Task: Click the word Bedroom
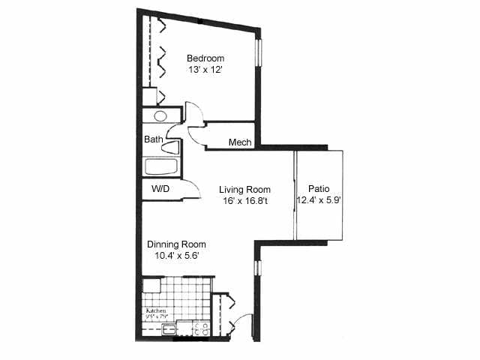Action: pos(205,58)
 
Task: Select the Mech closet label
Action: pos(239,142)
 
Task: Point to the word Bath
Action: pos(153,139)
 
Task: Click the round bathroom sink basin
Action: pos(160,116)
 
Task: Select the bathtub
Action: pos(161,166)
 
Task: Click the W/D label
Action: pos(160,190)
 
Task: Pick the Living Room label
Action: pos(245,190)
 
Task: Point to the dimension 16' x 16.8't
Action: pos(245,201)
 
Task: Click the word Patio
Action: pos(319,189)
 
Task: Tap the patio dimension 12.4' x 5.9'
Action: pos(319,200)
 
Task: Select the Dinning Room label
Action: pos(176,244)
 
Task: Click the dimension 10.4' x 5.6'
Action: pos(176,256)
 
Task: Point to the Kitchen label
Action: pos(155,310)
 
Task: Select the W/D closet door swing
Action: pos(192,190)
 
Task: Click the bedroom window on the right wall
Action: pos(259,52)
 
